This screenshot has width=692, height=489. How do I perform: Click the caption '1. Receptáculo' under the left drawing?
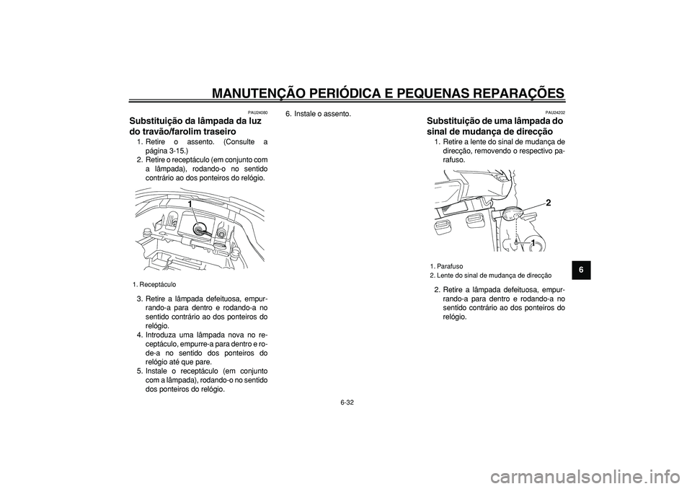pos(155,284)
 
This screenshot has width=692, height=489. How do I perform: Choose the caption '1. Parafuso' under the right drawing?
pos(447,266)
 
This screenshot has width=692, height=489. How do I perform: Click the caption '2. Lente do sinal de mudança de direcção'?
pos(491,276)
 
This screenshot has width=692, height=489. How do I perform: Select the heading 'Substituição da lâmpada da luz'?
pos(193,122)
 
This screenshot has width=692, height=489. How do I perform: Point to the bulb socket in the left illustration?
pos(198,227)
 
